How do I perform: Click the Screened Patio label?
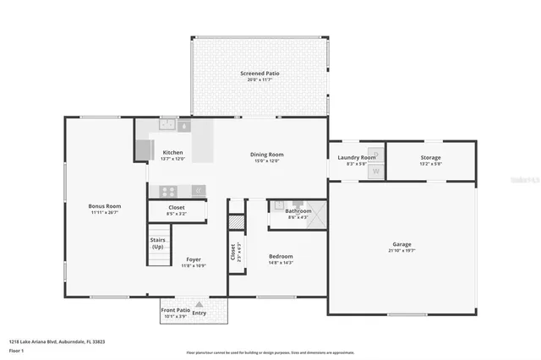[259, 74]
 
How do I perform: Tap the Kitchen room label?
[172, 153]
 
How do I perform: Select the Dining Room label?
[266, 155]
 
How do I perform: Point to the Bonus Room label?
[105, 206]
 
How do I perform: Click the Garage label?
[402, 243]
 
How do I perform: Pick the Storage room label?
[430, 157]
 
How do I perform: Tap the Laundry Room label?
[356, 157]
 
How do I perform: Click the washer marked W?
[376, 172]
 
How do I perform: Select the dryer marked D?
[376, 154]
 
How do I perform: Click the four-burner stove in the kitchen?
[168, 191]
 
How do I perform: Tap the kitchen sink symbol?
[168, 125]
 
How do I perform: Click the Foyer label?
[194, 259]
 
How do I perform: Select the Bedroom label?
[281, 256]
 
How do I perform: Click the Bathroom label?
[298, 211]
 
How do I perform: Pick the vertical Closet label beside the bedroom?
[232, 252]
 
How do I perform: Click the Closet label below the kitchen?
[177, 207]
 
